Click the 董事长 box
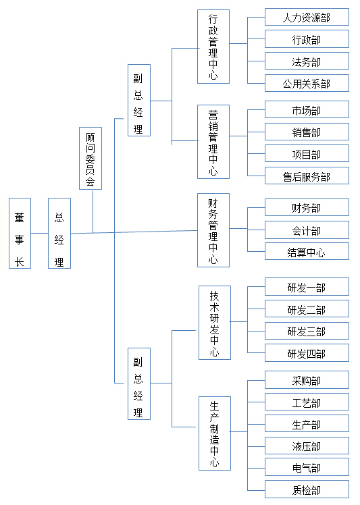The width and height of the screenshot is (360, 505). pyautogui.click(x=20, y=233)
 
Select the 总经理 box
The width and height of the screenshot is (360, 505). pyautogui.click(x=59, y=233)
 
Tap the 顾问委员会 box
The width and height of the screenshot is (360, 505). pyautogui.click(x=91, y=158)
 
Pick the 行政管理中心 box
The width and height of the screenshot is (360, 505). pyautogui.click(x=213, y=47)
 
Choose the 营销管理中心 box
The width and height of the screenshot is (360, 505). pyautogui.click(x=213, y=142)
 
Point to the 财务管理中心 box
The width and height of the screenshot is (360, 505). pyautogui.click(x=213, y=230)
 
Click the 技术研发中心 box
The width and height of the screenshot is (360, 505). pyautogui.click(x=215, y=323)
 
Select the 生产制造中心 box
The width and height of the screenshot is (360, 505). pyautogui.click(x=215, y=433)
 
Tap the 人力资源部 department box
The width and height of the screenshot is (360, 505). pyautogui.click(x=307, y=17)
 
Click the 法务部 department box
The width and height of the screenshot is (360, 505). pyautogui.click(x=307, y=61)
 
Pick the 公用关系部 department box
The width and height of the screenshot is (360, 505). pyautogui.click(x=307, y=83)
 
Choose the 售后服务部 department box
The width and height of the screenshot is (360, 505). pyautogui.click(x=307, y=176)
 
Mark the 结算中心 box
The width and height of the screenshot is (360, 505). pyautogui.click(x=307, y=251)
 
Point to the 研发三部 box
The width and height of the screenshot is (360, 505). pyautogui.click(x=307, y=331)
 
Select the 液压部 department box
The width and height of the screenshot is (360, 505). pyautogui.click(x=307, y=446)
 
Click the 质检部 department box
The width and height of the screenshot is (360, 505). pyautogui.click(x=307, y=489)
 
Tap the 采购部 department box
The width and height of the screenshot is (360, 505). pyautogui.click(x=307, y=379)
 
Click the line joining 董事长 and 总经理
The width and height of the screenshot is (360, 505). pyautogui.click(x=40, y=233)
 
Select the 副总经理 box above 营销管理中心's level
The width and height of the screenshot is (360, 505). pyautogui.click(x=139, y=100)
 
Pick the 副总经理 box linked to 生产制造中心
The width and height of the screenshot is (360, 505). pyautogui.click(x=139, y=383)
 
